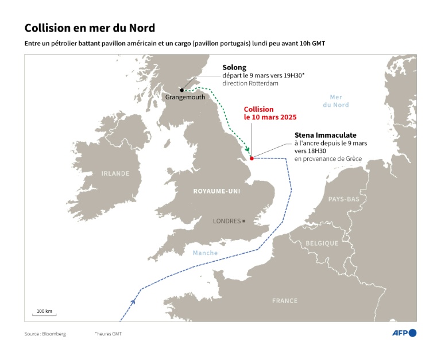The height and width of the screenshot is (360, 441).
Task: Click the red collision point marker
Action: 252,158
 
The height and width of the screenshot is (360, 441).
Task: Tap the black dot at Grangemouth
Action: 182,90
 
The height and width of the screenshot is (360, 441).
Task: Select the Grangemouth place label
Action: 185,98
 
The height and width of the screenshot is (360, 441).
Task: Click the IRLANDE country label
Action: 115,173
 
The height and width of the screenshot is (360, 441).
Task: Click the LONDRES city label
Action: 226,220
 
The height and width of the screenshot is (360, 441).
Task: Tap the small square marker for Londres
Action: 244,220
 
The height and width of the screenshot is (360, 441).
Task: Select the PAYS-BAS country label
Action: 343,199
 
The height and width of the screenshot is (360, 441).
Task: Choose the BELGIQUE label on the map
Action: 322,243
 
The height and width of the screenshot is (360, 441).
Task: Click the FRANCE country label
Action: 285,300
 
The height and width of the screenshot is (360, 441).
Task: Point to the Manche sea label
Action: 205,253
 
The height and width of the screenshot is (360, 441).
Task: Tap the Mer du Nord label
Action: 335,101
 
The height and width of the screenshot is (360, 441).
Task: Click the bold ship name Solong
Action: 234,67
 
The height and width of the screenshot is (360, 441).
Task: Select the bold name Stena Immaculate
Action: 325,135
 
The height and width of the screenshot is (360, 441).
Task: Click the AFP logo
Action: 404,333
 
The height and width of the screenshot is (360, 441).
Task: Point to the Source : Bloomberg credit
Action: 45,334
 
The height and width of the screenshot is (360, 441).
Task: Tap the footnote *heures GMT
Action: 108,334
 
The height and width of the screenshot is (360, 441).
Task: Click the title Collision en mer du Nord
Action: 90,28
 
